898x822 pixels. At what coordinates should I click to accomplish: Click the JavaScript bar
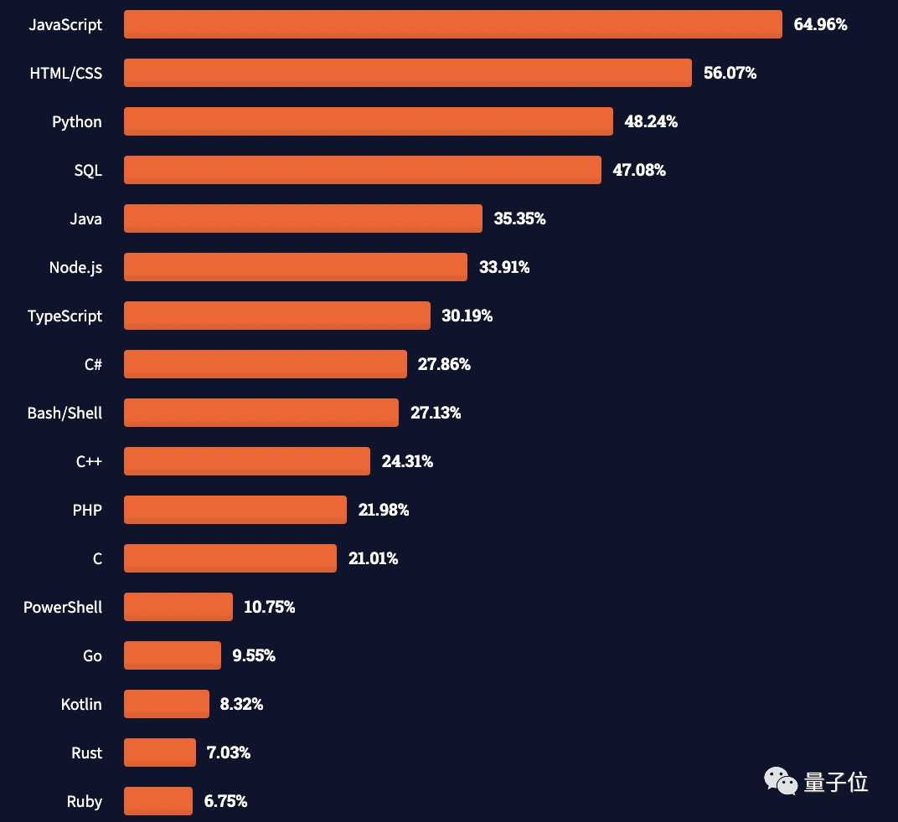[452, 24]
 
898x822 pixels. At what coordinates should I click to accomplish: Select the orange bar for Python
[368, 121]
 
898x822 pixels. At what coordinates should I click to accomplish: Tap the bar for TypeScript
[276, 316]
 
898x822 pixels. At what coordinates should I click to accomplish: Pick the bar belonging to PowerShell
[178, 607]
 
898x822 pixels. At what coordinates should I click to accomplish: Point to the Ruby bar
[157, 801]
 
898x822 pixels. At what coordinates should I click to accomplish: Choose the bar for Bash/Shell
[261, 413]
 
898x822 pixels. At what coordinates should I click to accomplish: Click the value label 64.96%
[820, 24]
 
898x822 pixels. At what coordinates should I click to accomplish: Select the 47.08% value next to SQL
[639, 170]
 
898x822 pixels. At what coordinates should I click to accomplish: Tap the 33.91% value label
[504, 267]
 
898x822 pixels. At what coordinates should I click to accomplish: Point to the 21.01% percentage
[373, 558]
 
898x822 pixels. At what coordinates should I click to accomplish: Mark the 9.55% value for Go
[254, 655]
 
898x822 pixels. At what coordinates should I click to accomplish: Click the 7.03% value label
[229, 753]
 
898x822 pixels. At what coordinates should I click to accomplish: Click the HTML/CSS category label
[66, 73]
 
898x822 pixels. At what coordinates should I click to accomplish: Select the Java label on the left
[85, 218]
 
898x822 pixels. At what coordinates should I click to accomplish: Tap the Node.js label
[75, 267]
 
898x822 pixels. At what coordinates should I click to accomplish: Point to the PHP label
[87, 510]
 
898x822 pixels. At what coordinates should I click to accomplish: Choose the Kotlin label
[81, 704]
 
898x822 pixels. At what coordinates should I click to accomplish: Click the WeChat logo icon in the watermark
[781, 782]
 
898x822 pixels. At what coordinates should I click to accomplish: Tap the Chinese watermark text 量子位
[835, 783]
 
